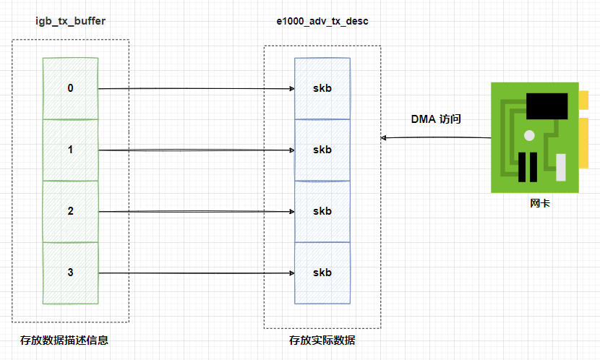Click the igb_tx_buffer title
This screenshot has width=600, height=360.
[x=71, y=21]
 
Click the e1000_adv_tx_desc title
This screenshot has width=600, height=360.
[x=322, y=21]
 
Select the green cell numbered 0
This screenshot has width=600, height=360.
[x=70, y=88]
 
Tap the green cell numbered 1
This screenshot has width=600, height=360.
[x=70, y=150]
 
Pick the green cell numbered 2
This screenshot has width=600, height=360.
[x=70, y=211]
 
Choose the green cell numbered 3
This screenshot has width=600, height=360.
[x=70, y=273]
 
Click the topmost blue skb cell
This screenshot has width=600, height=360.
[x=322, y=88]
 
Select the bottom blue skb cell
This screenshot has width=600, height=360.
[x=322, y=273]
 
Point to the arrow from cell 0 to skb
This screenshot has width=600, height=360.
[x=195, y=89]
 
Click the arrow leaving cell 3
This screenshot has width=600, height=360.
[x=195, y=273]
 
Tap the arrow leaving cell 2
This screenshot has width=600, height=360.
[x=195, y=212]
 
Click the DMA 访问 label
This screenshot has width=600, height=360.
[x=436, y=119]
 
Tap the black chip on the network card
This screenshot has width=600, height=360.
[x=546, y=108]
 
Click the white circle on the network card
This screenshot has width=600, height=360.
[x=530, y=135]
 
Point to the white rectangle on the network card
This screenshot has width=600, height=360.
[x=560, y=166]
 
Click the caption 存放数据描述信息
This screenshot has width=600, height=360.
[x=64, y=340]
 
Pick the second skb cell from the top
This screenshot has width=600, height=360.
[x=322, y=150]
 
